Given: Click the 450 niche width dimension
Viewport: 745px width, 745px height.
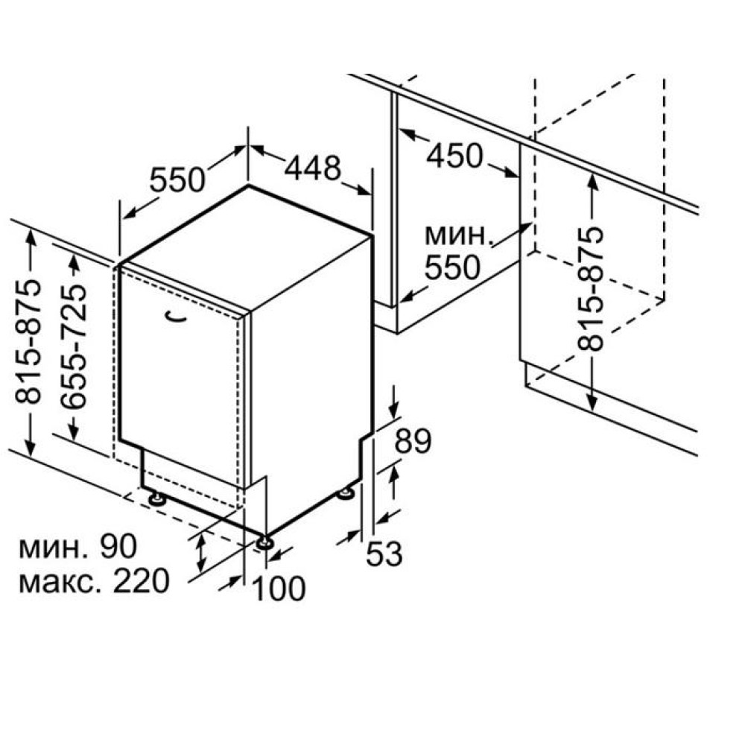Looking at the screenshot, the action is click(x=454, y=156).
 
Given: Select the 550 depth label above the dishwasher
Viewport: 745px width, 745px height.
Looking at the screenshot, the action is click(x=177, y=180).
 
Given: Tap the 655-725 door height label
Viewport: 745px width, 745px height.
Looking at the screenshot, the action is click(x=74, y=347).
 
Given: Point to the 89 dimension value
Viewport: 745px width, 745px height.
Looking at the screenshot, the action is click(x=413, y=441).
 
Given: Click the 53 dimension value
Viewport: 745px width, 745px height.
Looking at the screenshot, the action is click(x=384, y=554).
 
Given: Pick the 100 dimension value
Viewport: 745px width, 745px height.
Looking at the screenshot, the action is click(x=279, y=589).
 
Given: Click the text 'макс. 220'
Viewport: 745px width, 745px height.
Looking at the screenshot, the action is click(x=94, y=580).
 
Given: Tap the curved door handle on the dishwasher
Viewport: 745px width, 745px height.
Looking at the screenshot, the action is click(x=175, y=317).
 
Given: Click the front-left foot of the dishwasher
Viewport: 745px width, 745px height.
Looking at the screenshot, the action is click(x=156, y=499).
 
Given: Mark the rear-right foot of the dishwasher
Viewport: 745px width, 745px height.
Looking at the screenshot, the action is click(x=346, y=494).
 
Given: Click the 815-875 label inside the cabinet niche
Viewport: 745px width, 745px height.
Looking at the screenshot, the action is click(x=590, y=289).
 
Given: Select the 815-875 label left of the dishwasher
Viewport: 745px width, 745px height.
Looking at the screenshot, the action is click(x=28, y=342).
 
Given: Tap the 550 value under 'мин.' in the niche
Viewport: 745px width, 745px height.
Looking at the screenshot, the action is click(x=452, y=267).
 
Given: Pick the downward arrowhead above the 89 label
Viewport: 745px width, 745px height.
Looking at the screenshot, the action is click(x=394, y=411).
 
